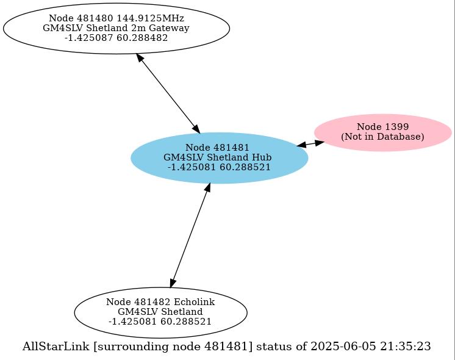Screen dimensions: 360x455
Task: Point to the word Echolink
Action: (194, 302)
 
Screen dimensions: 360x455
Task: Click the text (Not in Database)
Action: (382, 137)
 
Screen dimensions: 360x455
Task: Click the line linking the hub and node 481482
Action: (190, 235)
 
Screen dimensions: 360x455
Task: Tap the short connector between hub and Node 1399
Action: (311, 144)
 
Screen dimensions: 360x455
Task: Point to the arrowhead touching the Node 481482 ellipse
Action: (173, 282)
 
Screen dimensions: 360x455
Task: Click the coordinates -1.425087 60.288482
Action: (116, 38)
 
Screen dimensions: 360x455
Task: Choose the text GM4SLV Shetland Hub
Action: (218, 157)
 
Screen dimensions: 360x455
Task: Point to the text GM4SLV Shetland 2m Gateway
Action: (116, 28)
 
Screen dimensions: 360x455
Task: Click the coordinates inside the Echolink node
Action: (160, 322)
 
